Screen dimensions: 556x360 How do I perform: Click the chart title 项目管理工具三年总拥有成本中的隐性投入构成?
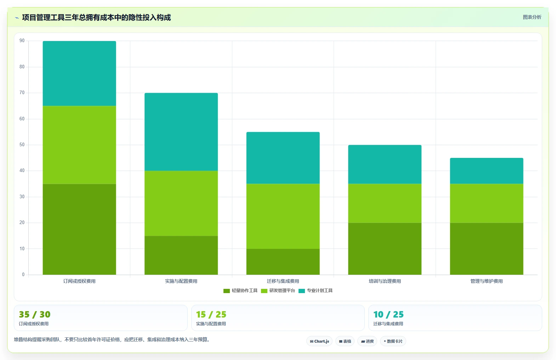(96, 18)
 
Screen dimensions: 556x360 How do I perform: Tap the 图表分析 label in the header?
(532, 17)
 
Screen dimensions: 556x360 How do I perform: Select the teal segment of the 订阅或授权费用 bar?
(79, 73)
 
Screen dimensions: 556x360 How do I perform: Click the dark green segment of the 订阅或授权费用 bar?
(79, 229)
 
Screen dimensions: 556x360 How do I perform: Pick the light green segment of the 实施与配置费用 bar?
(181, 203)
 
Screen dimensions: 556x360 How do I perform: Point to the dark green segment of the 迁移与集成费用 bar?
(283, 262)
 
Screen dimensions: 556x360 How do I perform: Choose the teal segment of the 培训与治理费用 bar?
(385, 164)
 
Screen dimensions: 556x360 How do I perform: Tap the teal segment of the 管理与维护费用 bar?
(487, 171)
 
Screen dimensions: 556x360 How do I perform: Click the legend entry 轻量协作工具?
(240, 291)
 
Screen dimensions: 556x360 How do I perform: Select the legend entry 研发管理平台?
(278, 291)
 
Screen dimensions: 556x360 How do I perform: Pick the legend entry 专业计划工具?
(316, 291)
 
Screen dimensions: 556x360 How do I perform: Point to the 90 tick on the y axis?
(22, 41)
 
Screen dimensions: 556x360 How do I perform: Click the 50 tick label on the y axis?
(22, 145)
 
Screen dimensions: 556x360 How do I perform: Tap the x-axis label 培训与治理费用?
(385, 281)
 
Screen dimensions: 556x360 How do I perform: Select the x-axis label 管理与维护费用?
(487, 281)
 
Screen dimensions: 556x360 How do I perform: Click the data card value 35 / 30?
(35, 314)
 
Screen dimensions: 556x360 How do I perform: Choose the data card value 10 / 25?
(388, 314)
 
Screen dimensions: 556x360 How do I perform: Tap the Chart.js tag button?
(319, 341)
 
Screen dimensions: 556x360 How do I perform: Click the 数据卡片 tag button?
(393, 341)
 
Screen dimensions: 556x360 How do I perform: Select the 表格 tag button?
(345, 341)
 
